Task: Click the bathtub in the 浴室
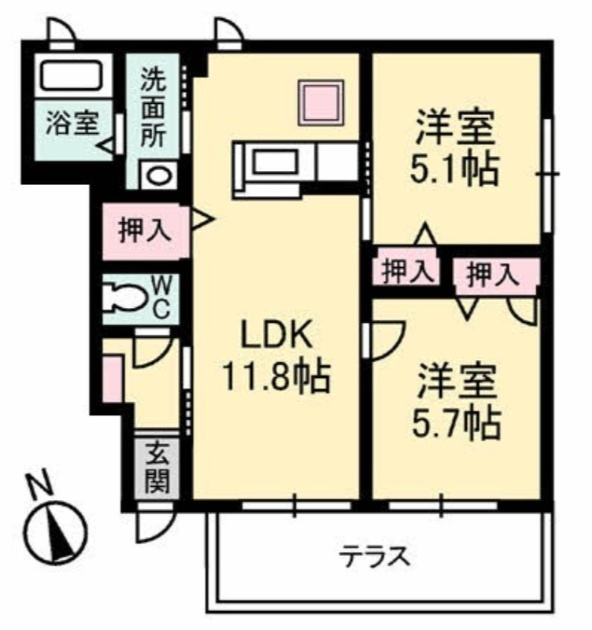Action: click(71, 75)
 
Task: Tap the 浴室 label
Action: click(72, 123)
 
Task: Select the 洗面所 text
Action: click(153, 108)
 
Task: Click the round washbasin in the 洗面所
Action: click(159, 176)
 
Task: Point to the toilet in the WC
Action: click(124, 298)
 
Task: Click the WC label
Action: click(162, 298)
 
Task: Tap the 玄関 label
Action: click(157, 469)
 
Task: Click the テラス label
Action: click(375, 557)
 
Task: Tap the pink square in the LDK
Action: click(321, 103)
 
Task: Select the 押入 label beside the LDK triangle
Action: click(145, 231)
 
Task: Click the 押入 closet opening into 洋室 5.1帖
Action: click(405, 271)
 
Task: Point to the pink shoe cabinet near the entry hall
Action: click(112, 379)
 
